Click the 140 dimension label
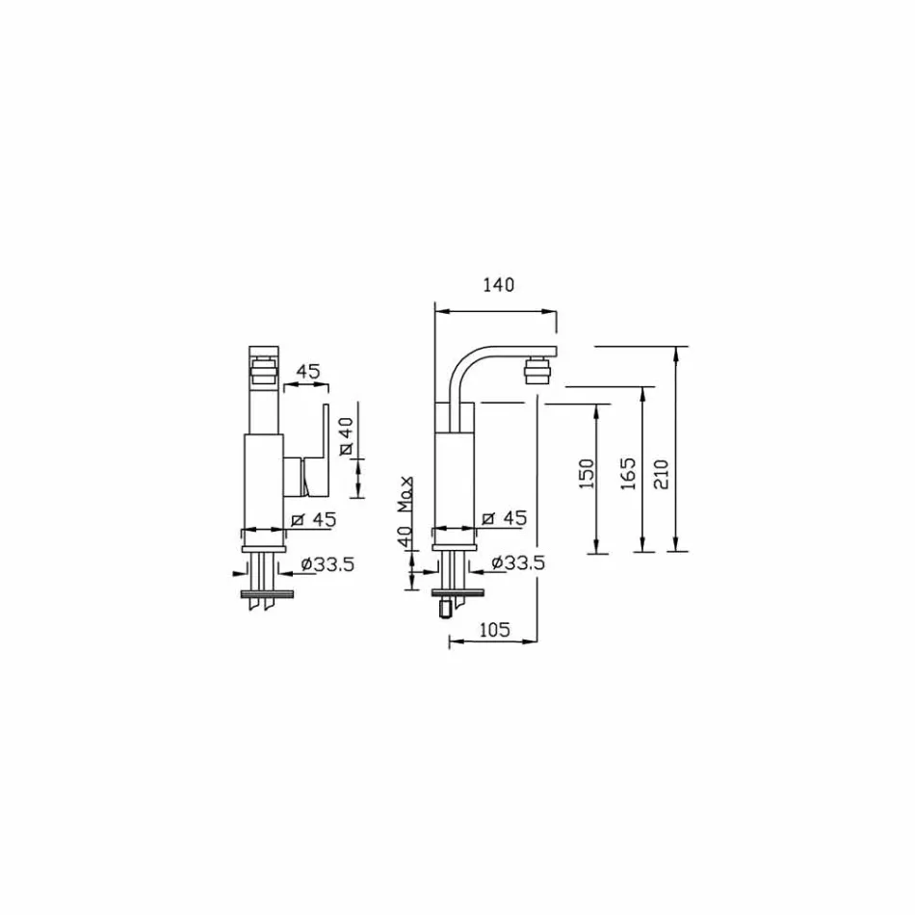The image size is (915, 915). click(x=499, y=285)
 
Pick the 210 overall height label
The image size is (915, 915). click(x=661, y=474)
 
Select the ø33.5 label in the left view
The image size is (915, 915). click(x=327, y=564)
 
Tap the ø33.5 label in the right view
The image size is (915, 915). click(x=517, y=563)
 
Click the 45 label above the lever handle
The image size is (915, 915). click(x=307, y=371)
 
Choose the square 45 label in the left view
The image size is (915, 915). click(x=313, y=519)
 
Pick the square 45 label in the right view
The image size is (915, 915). click(x=504, y=519)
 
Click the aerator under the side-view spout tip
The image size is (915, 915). click(x=537, y=370)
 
